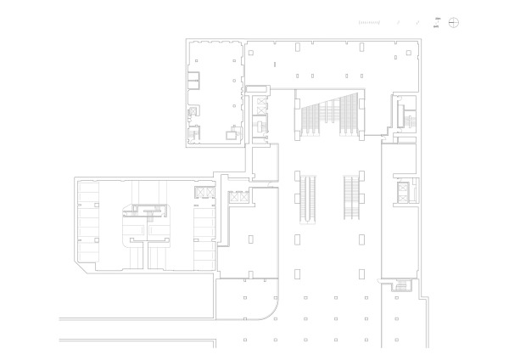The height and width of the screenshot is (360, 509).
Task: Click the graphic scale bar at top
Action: [370, 21]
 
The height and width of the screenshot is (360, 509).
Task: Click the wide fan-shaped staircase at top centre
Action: [328, 114]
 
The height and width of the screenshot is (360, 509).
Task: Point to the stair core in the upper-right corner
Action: [402, 113]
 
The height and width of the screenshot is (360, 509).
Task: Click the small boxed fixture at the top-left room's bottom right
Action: [231, 134]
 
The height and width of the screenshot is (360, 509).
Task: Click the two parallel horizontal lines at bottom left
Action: [136, 328]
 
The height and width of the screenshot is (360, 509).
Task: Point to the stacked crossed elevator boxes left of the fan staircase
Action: [260, 114]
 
